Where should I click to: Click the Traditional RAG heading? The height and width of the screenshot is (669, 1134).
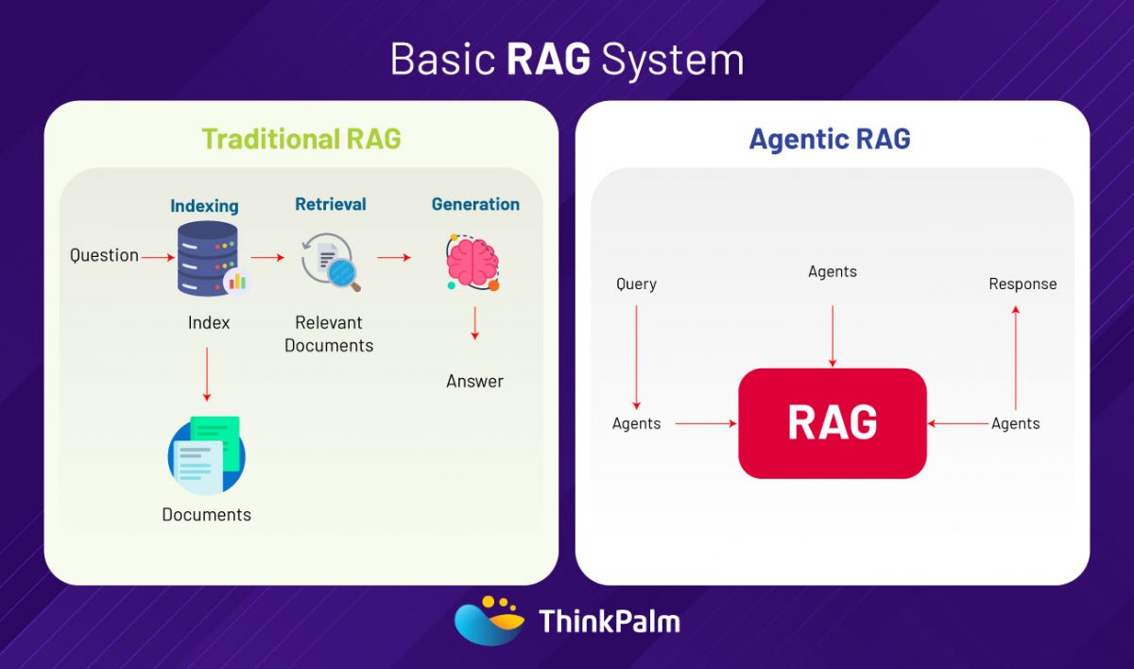[x=301, y=139]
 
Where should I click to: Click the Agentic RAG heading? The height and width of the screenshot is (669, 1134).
[x=829, y=139]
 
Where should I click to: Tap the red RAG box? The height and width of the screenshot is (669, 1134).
[x=832, y=422]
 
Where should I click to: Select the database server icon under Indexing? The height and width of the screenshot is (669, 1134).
[x=208, y=258]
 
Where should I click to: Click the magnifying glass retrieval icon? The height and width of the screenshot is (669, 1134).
[x=331, y=264]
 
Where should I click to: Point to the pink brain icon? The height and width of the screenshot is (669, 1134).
[x=472, y=262]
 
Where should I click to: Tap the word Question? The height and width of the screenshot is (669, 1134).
[x=104, y=255]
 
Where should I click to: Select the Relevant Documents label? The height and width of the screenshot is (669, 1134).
[x=329, y=334]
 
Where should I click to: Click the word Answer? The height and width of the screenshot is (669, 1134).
[x=474, y=381]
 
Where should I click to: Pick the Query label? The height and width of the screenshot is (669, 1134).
[x=636, y=283]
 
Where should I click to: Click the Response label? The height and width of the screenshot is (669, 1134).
[x=1022, y=283]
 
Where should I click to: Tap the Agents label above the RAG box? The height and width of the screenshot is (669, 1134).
[x=833, y=271]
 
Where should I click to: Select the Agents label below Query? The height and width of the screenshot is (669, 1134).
[x=636, y=423]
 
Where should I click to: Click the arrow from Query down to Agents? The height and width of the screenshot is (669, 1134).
[x=636, y=354]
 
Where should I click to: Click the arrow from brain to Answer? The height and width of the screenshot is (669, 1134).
[x=474, y=323]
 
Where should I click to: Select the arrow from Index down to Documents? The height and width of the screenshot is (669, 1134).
[x=207, y=373]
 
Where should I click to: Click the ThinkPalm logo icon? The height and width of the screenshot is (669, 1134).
[x=490, y=620]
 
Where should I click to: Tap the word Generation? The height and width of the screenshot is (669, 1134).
[x=475, y=204]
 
